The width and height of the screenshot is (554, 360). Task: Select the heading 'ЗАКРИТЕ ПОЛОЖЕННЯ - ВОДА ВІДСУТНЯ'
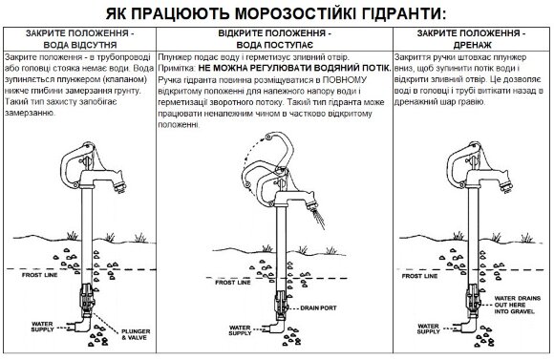pyautogui.click(x=79, y=39)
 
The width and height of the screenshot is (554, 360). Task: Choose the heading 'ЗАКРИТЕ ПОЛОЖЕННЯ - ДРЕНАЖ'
pyautogui.click(x=468, y=39)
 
